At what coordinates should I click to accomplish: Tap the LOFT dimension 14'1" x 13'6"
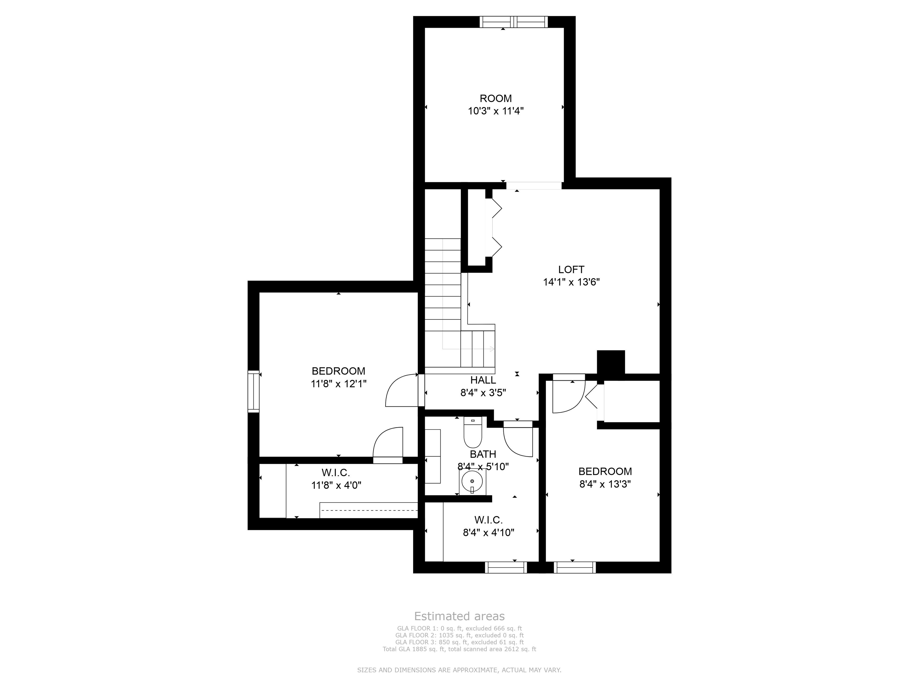pos(571,282)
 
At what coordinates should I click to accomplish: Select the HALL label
pos(483,380)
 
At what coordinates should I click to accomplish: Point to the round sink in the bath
pos(472,481)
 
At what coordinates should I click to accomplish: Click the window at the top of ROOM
pos(514,22)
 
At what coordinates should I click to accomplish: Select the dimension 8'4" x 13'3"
pos(605,484)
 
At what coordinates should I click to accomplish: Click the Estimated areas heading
pos(459,616)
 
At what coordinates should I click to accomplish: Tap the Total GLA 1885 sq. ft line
pos(459,649)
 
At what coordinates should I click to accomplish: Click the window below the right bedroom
pos(575,567)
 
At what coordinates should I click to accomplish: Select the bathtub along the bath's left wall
pos(433,456)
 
